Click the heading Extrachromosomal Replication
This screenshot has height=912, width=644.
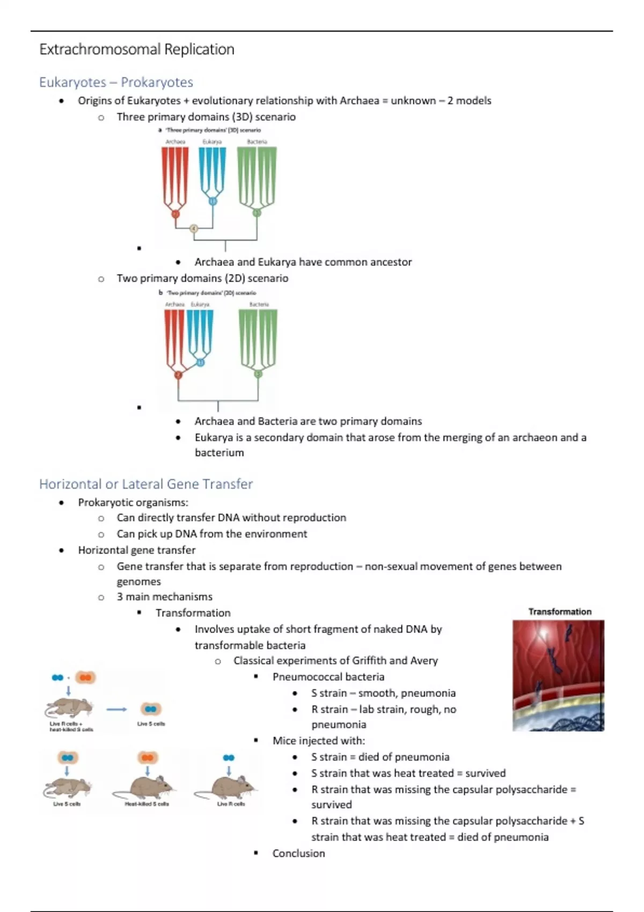click(137, 49)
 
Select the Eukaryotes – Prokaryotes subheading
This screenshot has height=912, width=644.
click(116, 82)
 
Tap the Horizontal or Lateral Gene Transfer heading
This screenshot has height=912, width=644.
click(145, 484)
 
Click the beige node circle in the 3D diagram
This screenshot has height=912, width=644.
click(194, 229)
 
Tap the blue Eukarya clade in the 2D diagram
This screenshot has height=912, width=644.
click(200, 335)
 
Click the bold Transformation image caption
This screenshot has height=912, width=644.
click(560, 612)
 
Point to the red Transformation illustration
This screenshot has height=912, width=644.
click(558, 675)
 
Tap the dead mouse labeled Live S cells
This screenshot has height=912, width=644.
click(67, 788)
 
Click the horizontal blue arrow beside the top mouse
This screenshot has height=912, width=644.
click(116, 709)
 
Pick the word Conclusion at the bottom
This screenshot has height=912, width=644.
click(298, 853)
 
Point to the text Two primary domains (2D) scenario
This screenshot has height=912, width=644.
click(202, 278)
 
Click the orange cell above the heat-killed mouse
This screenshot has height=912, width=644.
click(147, 757)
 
